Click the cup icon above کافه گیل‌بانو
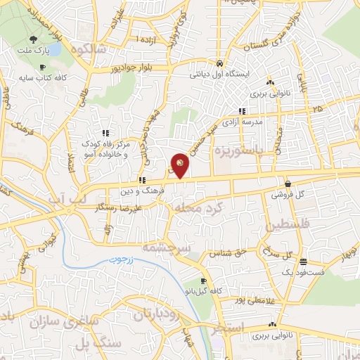click(x=203, y=281)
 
